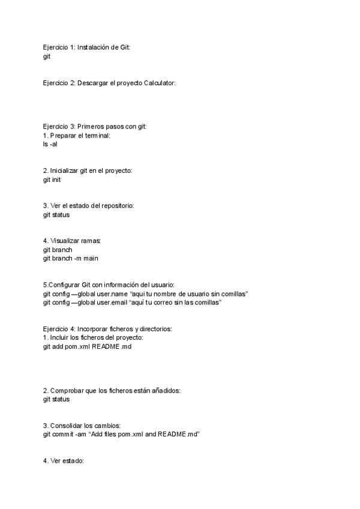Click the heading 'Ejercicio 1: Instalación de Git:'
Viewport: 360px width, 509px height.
(x=86, y=47)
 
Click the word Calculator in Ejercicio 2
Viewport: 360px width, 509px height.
(x=159, y=83)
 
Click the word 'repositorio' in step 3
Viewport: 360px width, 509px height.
(x=116, y=206)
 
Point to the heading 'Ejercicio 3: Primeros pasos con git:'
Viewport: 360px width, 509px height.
(x=95, y=127)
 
